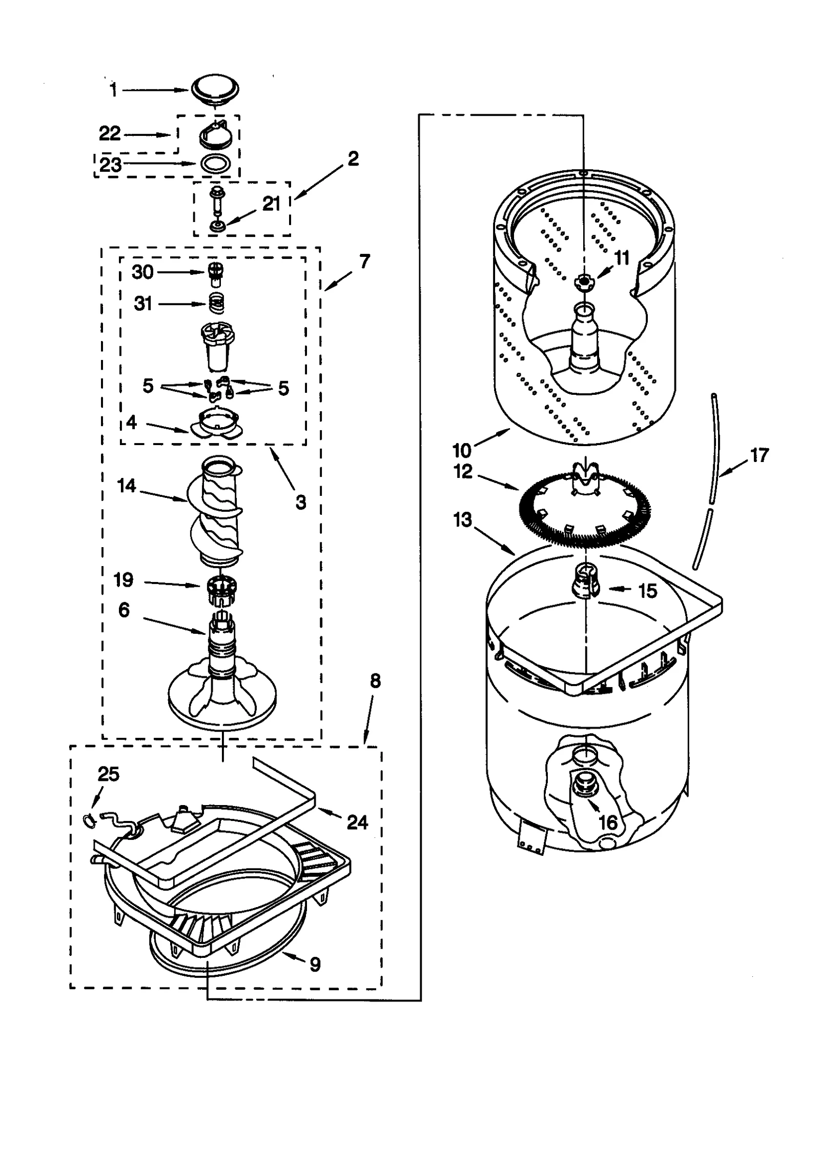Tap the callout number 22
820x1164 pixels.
110,134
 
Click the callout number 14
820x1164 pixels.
127,485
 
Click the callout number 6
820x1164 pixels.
124,610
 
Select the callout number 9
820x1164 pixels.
315,965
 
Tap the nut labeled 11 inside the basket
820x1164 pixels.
584,280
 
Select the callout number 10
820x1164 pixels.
462,451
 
